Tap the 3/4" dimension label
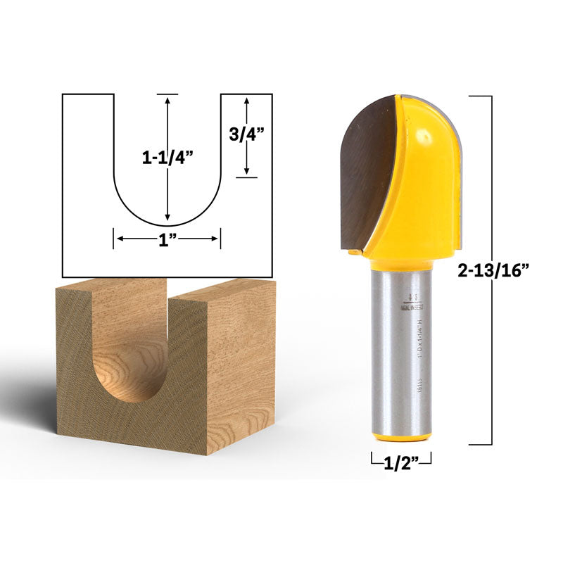(x=246, y=134)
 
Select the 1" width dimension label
(x=167, y=239)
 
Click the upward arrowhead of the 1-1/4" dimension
(x=167, y=101)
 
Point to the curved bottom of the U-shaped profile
(x=167, y=220)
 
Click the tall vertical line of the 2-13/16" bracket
(x=491, y=270)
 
